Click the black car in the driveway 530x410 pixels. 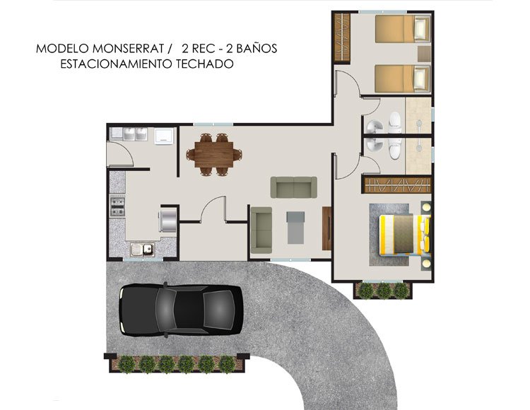(181, 310)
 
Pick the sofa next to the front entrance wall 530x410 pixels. (261, 229)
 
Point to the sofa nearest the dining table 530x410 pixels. (294, 187)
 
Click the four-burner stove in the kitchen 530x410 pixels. (117, 207)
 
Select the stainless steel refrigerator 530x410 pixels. (169, 218)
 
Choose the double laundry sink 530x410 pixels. (129, 135)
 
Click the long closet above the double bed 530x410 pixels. (397, 185)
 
